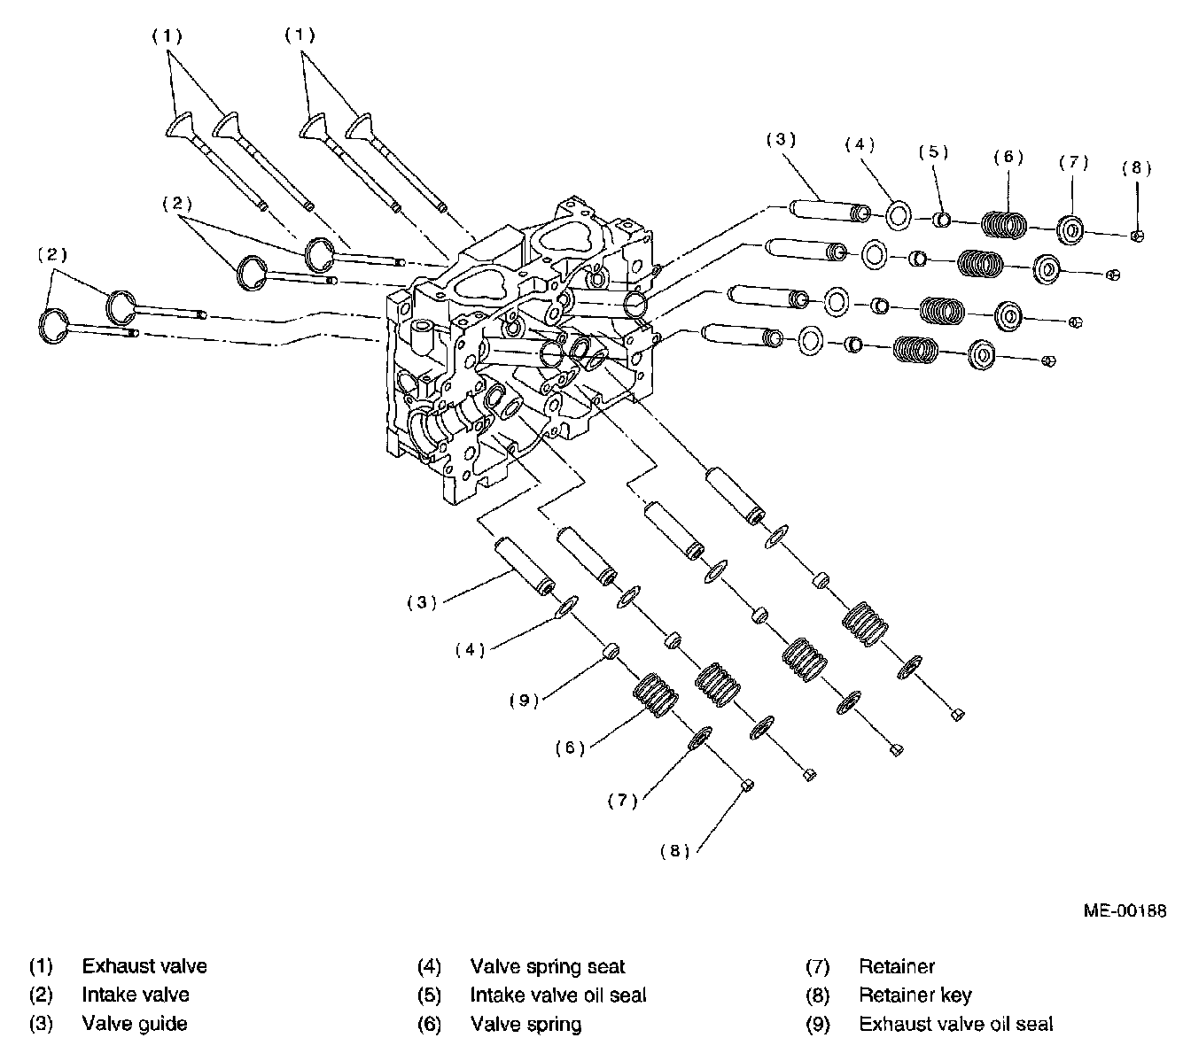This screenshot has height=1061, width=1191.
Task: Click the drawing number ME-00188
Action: [1125, 910]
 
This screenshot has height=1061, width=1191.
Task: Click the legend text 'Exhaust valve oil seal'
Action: [955, 1024]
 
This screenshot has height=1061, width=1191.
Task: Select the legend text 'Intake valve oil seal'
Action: [558, 995]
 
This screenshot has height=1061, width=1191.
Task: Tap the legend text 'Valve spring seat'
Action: [548, 966]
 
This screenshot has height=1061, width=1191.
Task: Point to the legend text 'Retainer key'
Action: [915, 995]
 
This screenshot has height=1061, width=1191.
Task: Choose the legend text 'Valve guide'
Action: [135, 1024]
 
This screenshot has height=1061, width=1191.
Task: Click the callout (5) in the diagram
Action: [933, 152]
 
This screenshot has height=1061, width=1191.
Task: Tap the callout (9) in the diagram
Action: [525, 700]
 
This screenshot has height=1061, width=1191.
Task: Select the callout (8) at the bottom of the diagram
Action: [675, 850]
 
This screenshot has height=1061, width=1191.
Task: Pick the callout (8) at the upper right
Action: [1136, 168]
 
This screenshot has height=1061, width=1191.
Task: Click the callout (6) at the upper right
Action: [1008, 156]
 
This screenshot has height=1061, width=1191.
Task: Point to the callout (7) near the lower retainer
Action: [623, 800]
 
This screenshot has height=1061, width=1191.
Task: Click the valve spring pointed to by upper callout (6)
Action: [1004, 224]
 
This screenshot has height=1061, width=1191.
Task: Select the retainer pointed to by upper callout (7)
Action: [1070, 230]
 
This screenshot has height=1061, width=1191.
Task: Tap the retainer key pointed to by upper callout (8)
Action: [1137, 236]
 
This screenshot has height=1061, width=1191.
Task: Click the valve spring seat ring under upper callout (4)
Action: [899, 215]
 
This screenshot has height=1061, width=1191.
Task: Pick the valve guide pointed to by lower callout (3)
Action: [525, 566]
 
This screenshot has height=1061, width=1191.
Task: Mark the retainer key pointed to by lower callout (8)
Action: [747, 785]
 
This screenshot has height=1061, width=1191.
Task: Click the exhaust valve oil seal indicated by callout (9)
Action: [612, 652]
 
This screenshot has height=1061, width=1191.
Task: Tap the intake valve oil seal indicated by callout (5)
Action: [941, 221]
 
